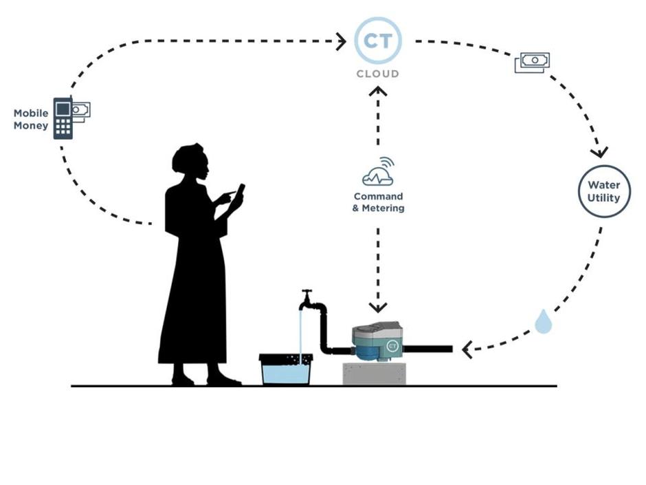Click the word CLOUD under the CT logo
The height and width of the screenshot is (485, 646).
tap(378, 74)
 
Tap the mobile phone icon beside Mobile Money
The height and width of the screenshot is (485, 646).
tap(63, 118)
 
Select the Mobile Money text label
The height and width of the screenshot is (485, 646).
tap(31, 119)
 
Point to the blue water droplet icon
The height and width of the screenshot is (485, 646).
tap(543, 322)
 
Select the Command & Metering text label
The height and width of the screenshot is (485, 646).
tap(378, 202)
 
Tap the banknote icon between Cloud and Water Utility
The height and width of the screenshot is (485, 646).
tap(532, 63)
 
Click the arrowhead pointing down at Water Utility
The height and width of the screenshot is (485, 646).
tap(599, 151)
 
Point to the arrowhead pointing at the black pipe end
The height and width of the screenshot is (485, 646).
tap(467, 350)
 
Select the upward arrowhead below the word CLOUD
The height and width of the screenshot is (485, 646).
tap(378, 91)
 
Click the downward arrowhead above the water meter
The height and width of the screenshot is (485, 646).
tap(378, 308)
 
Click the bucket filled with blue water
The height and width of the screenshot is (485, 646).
tap(285, 369)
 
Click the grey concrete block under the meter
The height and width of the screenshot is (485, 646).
tap(374, 374)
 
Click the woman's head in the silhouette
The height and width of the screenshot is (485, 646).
tap(190, 161)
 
